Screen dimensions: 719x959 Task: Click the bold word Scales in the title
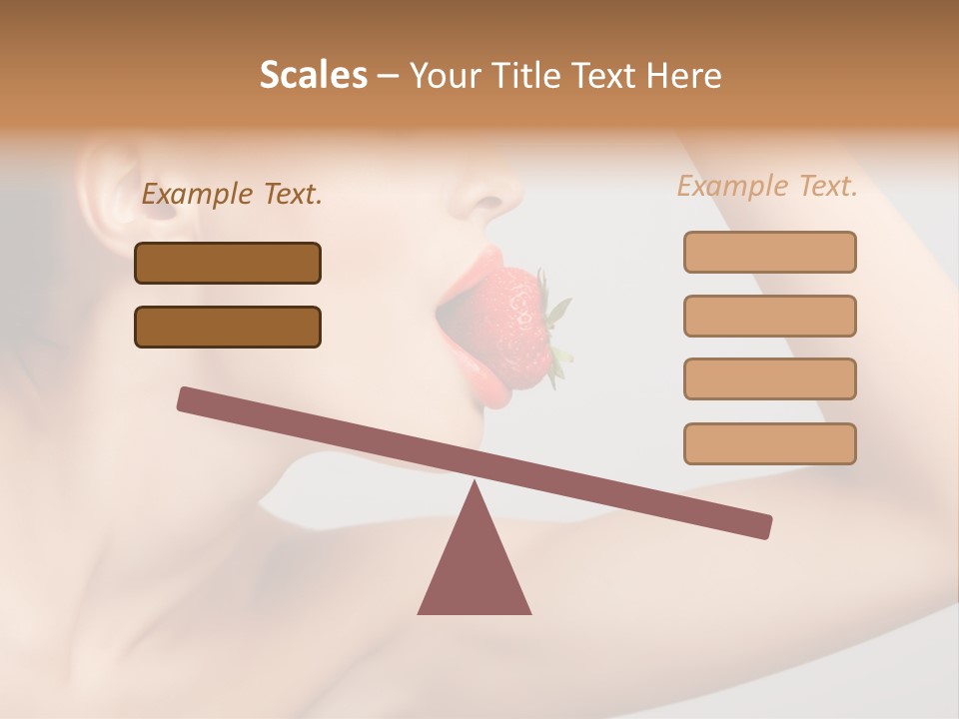pos(313,76)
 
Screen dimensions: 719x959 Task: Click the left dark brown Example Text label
pos(232,195)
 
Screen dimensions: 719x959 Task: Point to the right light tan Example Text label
pos(767,186)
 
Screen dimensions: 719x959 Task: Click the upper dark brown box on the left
pos(228,263)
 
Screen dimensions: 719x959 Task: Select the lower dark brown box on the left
pos(228,327)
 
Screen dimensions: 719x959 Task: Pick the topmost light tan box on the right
pos(769,252)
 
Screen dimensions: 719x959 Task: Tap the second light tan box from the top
pos(769,316)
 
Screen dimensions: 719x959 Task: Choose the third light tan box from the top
pos(769,379)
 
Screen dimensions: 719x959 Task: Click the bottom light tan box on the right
pos(769,443)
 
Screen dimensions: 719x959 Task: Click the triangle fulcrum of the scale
pos(475,564)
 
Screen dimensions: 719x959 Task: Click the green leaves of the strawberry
pos(557,330)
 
